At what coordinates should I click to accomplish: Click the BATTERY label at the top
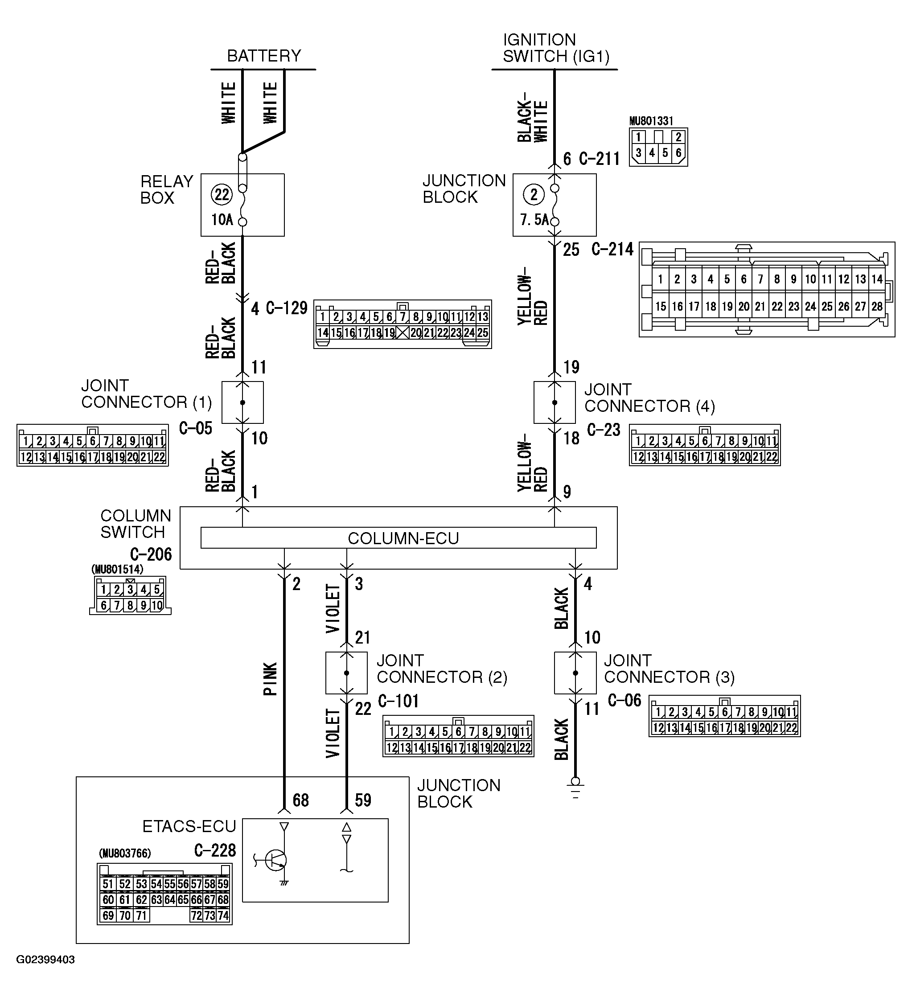263,55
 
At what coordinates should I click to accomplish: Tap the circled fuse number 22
222,194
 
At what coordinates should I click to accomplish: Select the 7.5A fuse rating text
534,220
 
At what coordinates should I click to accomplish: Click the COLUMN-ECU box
398,537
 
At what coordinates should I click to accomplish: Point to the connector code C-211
599,159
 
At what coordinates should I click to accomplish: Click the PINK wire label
270,679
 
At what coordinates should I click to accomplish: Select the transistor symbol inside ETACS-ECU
275,860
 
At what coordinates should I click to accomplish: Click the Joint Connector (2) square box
346,673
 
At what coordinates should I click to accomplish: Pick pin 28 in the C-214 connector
877,307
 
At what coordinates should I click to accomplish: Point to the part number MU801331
651,121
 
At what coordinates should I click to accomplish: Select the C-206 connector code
151,554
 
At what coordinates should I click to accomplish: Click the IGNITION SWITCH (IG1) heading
555,48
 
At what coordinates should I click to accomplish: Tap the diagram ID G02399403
45,960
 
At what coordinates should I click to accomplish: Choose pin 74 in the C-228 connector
223,915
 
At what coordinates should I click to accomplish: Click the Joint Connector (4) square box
555,402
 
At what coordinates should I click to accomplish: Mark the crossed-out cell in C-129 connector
402,333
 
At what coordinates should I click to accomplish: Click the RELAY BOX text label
166,189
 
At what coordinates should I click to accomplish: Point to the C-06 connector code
624,700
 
